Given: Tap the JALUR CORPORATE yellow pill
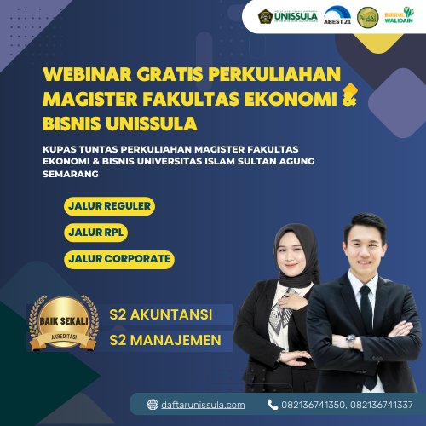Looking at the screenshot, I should point(118,258).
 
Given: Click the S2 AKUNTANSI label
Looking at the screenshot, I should point(160,314).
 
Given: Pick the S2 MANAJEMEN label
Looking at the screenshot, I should point(165,340).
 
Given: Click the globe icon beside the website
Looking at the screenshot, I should point(153,405).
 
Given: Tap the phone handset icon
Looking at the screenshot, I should point(273,405).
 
